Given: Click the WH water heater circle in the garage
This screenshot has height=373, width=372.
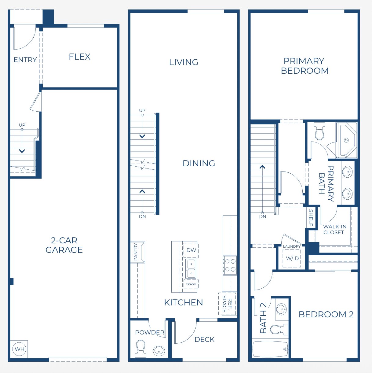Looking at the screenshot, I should click(x=20, y=349).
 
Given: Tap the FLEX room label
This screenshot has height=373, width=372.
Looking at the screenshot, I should click(x=79, y=57).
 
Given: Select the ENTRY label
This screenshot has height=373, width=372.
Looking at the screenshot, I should click(x=25, y=60).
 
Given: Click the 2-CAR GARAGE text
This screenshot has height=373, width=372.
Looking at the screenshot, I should click(x=64, y=245).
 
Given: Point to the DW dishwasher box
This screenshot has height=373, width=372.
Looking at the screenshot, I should click(x=191, y=250).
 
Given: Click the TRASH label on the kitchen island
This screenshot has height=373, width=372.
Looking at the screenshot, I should click(x=191, y=284).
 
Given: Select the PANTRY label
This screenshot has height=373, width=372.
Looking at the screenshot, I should click(x=136, y=252).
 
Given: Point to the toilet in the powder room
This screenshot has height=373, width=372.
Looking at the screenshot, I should click(x=140, y=349).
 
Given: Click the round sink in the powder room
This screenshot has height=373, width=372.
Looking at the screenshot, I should click(x=159, y=351).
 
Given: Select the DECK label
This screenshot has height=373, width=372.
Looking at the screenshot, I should click(x=204, y=340).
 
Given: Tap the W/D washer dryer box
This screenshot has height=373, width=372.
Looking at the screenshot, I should click(x=292, y=258).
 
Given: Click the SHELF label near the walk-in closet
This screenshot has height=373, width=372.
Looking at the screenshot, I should click(x=311, y=217).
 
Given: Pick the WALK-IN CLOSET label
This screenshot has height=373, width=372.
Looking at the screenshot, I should click(x=334, y=230).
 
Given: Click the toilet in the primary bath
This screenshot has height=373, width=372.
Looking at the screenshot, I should click(x=319, y=131).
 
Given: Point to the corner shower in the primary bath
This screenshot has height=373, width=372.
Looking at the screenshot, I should click(x=346, y=140).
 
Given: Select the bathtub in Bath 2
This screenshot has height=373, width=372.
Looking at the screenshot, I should click(x=270, y=349).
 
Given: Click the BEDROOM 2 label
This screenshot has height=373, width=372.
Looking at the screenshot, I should click(x=326, y=315).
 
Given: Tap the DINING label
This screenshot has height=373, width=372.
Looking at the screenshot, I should click(x=199, y=164).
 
